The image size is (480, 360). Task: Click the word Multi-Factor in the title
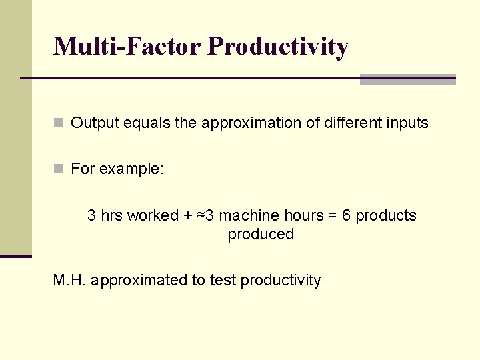click(x=127, y=47)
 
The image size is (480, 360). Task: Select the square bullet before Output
click(x=59, y=123)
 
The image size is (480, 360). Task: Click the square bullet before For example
click(x=59, y=169)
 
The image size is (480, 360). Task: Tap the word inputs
click(x=406, y=123)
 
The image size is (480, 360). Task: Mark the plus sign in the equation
click(x=189, y=215)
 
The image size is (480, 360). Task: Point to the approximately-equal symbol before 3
click(x=201, y=215)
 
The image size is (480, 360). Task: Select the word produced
click(x=261, y=234)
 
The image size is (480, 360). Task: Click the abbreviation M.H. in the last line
click(x=69, y=280)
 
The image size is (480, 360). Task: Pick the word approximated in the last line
click(x=139, y=280)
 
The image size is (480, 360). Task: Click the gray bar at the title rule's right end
click(x=407, y=79)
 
